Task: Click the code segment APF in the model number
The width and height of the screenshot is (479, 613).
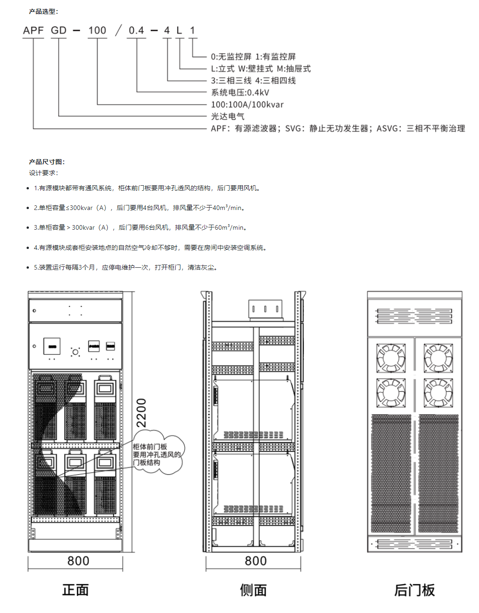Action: click(33, 30)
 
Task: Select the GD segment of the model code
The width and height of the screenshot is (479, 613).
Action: click(59, 30)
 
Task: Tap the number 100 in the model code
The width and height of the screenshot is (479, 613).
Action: click(97, 30)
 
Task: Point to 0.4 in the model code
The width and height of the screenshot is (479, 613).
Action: click(137, 30)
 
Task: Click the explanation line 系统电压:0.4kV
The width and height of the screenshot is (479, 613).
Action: click(240, 93)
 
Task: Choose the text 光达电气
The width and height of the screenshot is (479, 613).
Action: click(228, 116)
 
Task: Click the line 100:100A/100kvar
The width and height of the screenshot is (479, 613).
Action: click(247, 105)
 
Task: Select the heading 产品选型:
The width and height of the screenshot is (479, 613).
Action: click(44, 11)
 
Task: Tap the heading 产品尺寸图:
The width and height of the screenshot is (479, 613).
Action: click(47, 162)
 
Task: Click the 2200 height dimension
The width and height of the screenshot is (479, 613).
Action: click(141, 413)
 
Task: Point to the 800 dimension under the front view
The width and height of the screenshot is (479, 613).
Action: click(78, 561)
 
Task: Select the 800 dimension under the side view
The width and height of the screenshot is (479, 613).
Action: click(256, 561)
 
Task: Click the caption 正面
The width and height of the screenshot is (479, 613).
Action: click(75, 590)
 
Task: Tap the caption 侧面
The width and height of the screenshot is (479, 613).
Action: click(253, 590)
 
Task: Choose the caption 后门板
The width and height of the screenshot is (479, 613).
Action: click(414, 590)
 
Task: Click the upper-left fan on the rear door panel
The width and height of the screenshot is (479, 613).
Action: click(391, 358)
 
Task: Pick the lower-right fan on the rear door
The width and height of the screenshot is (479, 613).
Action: click(438, 393)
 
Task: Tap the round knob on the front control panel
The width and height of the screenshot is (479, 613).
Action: click(75, 352)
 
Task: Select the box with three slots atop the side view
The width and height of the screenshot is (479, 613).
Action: click(265, 309)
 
